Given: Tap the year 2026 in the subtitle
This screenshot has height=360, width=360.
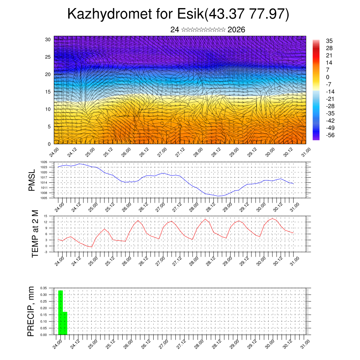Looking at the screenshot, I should point(236,30).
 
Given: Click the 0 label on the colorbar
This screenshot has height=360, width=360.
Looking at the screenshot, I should point(328,77).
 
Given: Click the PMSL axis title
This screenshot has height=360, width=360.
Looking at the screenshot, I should point(32,180).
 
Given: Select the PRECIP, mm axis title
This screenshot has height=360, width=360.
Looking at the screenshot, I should point(32,311).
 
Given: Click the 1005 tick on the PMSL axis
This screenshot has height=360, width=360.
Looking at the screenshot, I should point(44,198).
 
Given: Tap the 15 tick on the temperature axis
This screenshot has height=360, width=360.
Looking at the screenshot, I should point(45,216).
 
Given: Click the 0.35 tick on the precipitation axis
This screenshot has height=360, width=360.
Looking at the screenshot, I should point(43,288).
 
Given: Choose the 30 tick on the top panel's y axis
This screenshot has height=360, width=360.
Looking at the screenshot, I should point(48,39).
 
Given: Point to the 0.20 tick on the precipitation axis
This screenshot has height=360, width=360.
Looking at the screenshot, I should point(43,308).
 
